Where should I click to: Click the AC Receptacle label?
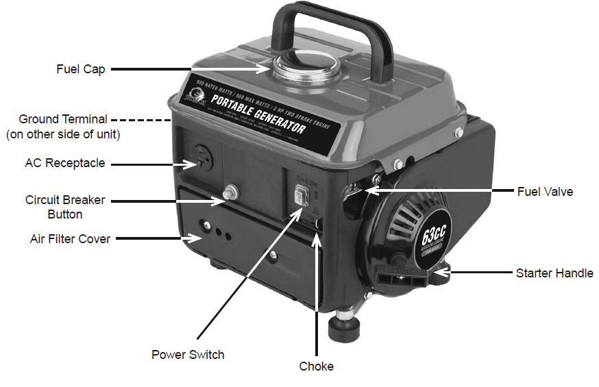[x=65, y=164]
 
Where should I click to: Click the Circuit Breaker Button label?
[x=65, y=207]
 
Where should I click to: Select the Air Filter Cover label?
[x=70, y=239]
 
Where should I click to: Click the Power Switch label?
[x=188, y=354]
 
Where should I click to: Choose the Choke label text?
[x=316, y=366]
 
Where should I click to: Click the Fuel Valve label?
[x=544, y=192]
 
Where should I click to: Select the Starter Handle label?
[x=554, y=273]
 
